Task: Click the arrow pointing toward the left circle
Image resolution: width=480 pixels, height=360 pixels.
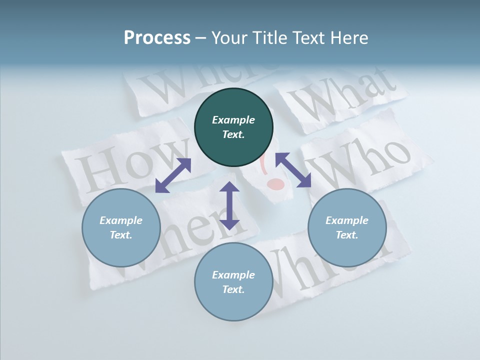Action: tap(173, 175)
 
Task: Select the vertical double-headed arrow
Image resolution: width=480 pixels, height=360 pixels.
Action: tap(229, 205)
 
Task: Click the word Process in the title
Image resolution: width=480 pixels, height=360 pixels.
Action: tap(157, 37)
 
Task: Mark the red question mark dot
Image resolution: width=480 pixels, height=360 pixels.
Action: tap(275, 184)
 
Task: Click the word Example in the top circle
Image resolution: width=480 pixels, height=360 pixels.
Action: tap(233, 120)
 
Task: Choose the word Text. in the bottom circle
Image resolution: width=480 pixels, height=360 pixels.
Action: tap(233, 289)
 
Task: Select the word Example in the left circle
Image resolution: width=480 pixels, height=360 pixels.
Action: tap(121, 220)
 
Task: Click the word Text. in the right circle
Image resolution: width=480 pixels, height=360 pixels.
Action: tap(347, 235)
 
